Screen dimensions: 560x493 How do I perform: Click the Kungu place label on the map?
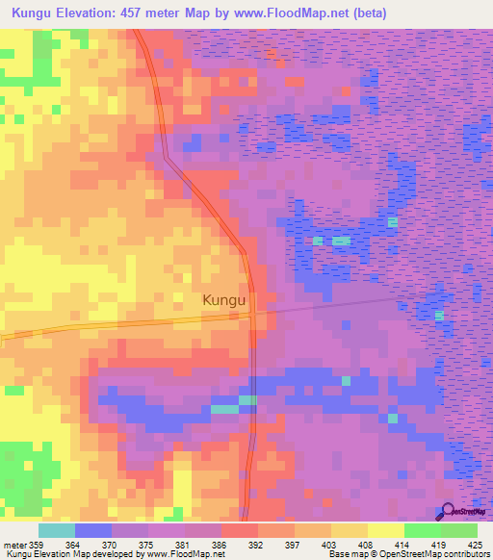(225, 300)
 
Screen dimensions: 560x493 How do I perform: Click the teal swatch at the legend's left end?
(56, 530)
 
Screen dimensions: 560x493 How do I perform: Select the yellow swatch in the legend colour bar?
(385, 530)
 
